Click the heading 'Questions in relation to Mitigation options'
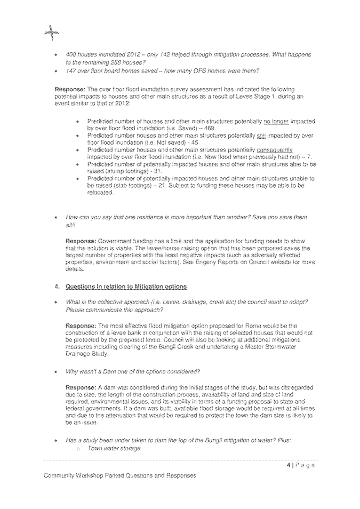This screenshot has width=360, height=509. pyautogui.click(x=126, y=287)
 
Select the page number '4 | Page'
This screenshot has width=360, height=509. pyautogui.click(x=301, y=465)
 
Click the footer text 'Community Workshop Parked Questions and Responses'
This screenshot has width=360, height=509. pyautogui.click(x=119, y=475)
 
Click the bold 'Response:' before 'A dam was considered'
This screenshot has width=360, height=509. pyautogui.click(x=81, y=387)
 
